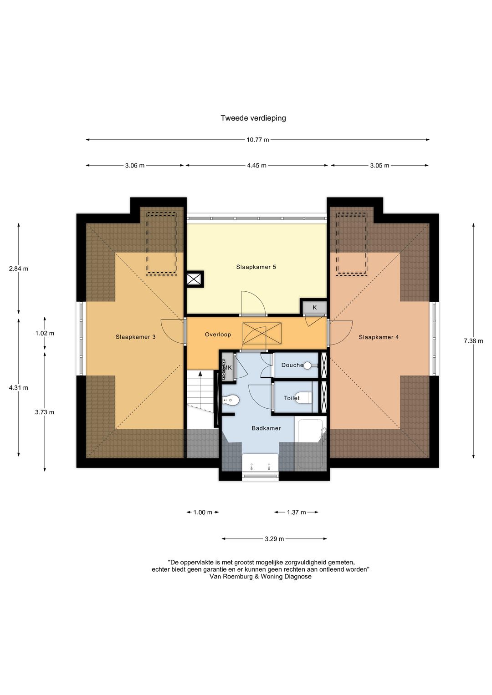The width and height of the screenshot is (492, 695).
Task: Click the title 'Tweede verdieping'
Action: click(253, 118)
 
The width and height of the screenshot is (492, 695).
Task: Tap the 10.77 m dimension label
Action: click(258, 140)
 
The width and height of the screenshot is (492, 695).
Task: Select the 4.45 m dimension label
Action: click(256, 165)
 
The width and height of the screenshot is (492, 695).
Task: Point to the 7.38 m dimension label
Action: click(473, 341)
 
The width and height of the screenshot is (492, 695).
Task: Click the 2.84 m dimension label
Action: click(19, 269)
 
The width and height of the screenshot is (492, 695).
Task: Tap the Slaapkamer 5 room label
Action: click(256, 267)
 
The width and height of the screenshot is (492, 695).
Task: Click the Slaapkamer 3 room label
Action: click(135, 337)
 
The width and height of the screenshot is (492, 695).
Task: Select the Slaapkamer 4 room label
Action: click(379, 337)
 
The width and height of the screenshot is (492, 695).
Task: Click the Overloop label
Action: click(218, 335)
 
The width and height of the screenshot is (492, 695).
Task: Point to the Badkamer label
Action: click(266, 428)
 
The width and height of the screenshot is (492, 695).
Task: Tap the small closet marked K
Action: click(314, 308)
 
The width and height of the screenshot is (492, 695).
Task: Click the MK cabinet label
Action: click(228, 368)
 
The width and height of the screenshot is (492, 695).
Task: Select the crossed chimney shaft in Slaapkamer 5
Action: click(195, 279)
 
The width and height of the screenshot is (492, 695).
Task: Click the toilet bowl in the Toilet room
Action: click(305, 398)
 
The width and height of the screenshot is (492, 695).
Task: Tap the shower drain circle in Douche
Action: click(307, 365)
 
